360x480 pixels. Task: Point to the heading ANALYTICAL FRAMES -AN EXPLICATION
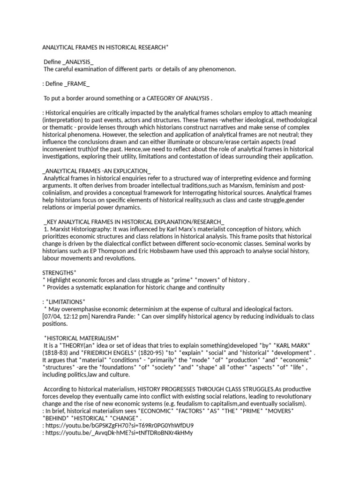pos(97,171)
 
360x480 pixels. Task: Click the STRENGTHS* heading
pos(60,273)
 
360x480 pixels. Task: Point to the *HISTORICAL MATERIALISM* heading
pos(82,338)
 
